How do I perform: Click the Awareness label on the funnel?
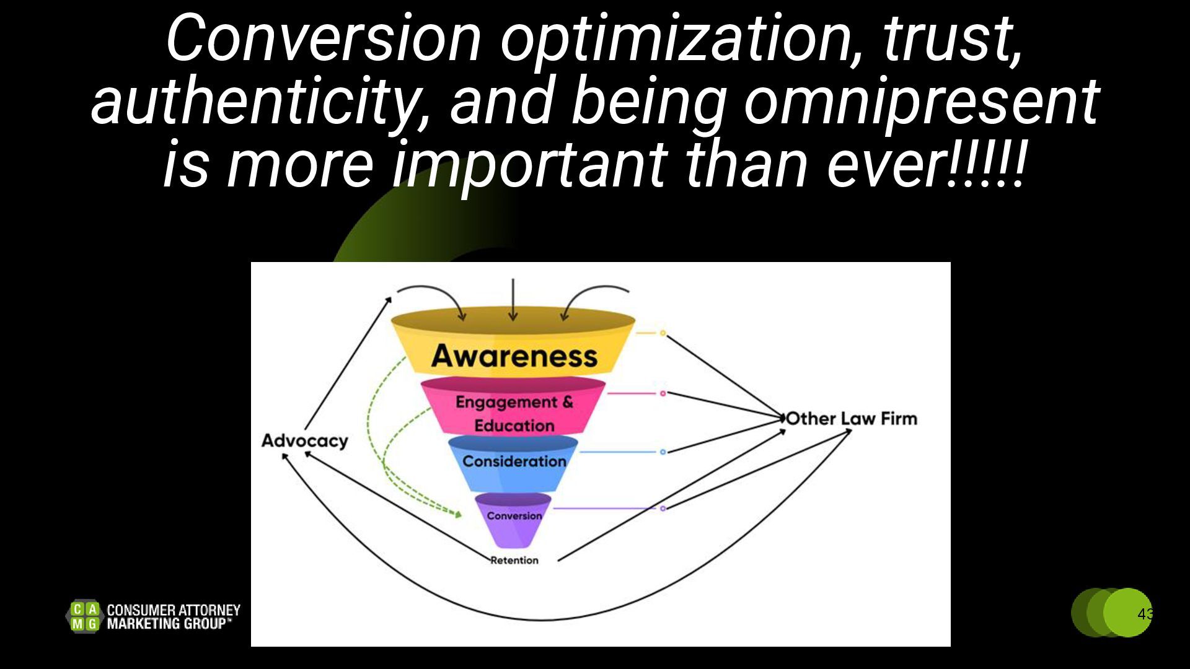click(514, 356)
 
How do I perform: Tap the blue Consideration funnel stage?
click(514, 461)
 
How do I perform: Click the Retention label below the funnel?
click(514, 561)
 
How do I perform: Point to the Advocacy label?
click(304, 440)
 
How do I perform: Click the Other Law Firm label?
click(852, 419)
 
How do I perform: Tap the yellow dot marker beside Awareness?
click(663, 333)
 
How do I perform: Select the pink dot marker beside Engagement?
click(663, 393)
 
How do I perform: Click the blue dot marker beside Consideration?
click(663, 452)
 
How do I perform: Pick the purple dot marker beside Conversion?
click(663, 509)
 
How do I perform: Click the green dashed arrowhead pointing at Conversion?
click(458, 514)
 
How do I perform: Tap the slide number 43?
click(1145, 614)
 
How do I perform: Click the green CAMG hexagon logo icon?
click(84, 616)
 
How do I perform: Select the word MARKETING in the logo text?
click(144, 624)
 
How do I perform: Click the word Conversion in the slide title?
click(323, 38)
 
